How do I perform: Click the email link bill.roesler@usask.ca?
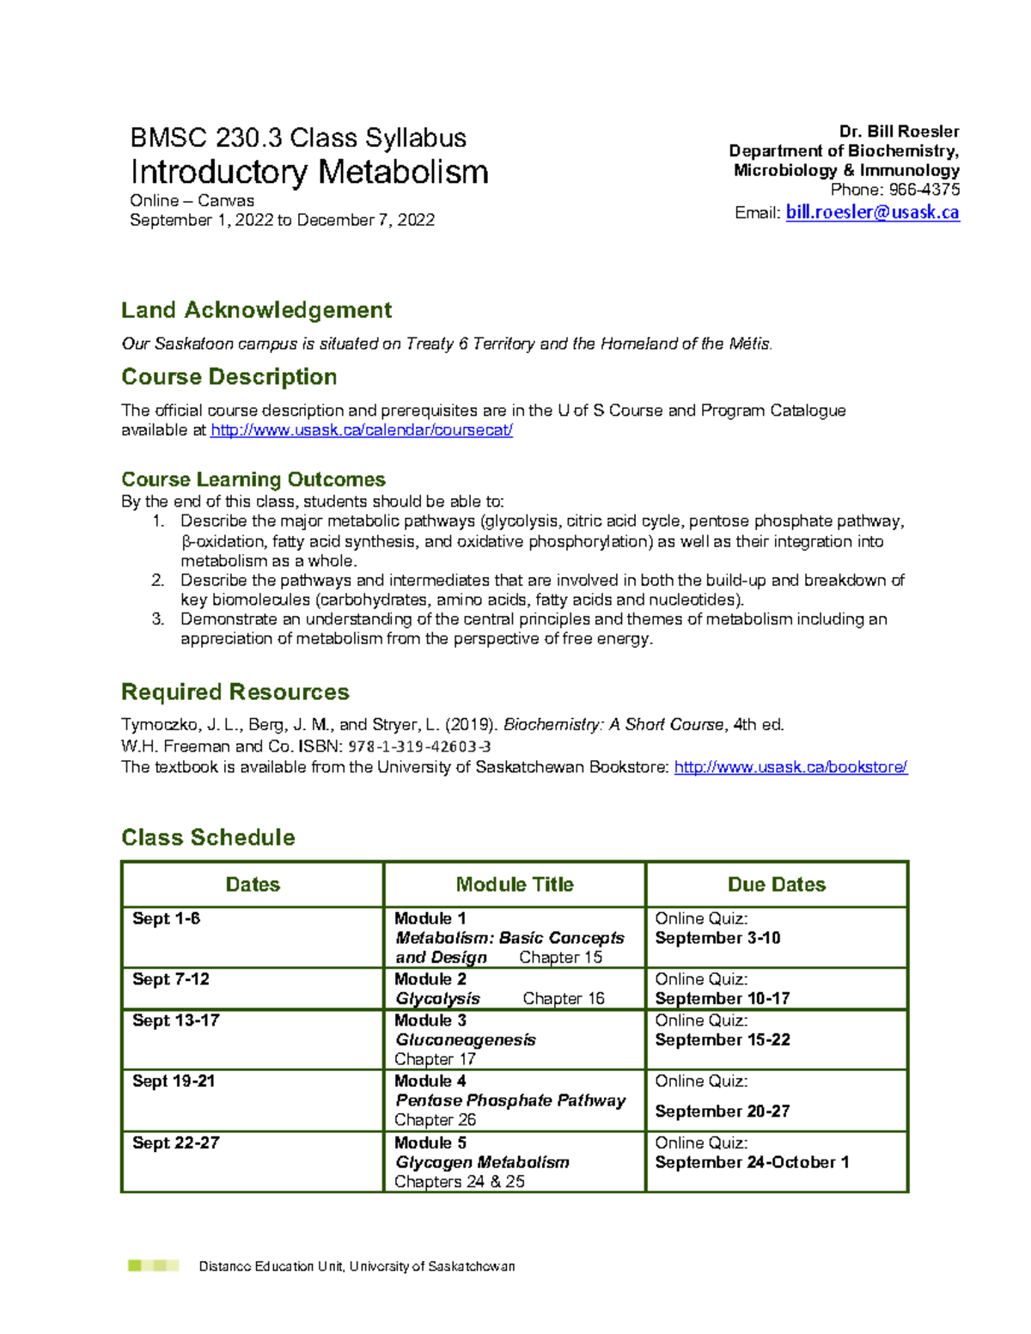872,212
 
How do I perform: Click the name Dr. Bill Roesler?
899,131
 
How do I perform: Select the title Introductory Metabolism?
309,172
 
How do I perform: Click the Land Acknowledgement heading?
256,310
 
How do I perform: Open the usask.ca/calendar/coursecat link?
362,430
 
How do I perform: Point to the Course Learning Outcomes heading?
253,479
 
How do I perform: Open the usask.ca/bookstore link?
790,767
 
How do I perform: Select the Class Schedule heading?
208,838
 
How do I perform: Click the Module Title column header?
515,885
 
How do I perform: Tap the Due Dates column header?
777,885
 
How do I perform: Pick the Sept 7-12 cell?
171,979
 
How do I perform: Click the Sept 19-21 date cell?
174,1081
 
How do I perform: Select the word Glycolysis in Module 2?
437,999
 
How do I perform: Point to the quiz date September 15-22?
723,1040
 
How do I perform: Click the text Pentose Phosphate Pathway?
510,1100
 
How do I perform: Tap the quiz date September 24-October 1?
752,1162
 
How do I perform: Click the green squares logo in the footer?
153,1265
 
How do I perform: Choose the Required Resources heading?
235,692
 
